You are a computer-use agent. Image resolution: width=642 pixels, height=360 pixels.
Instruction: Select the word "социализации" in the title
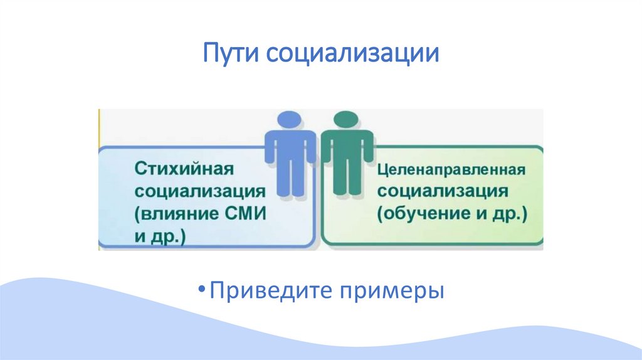(352, 53)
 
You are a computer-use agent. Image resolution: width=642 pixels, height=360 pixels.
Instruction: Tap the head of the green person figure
(347, 120)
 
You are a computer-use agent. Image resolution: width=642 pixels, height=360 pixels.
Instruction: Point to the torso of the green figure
(347, 151)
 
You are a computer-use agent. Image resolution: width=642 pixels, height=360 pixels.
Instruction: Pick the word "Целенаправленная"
(450, 170)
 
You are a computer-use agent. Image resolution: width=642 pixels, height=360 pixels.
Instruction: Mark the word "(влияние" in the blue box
(175, 213)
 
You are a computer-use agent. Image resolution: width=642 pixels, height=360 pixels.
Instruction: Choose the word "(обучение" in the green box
(421, 213)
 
